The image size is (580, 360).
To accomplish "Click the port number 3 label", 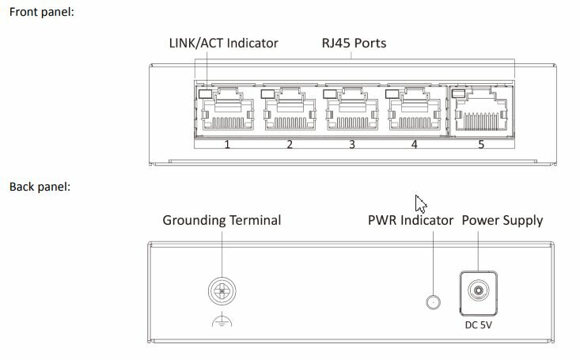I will pos(352,145).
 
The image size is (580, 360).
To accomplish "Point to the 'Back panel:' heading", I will pos(40,188).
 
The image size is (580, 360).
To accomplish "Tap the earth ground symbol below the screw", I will pos(223,321).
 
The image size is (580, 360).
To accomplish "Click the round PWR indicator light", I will pos(432,301).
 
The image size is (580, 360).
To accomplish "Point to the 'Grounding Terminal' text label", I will pos(222,220).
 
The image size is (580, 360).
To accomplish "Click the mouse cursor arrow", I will pos(421,203).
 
